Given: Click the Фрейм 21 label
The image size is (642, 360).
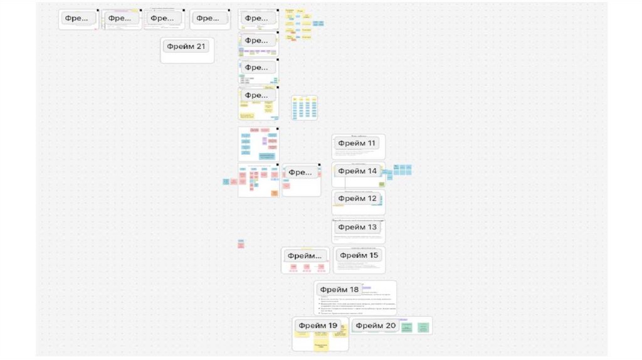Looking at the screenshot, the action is click(x=186, y=46).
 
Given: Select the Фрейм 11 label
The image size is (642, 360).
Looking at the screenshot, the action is click(x=357, y=143).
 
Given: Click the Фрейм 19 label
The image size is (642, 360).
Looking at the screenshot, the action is click(x=318, y=326).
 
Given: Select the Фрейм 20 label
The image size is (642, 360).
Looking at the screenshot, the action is click(x=374, y=326).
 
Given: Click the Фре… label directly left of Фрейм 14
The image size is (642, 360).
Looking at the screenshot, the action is click(x=300, y=172).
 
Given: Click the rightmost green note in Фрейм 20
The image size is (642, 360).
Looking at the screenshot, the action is click(x=424, y=327).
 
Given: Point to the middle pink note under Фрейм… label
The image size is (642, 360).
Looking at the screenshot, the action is click(x=307, y=267).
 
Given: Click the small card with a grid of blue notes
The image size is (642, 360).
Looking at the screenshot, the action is click(x=305, y=108).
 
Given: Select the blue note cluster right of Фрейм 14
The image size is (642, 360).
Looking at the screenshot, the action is click(x=403, y=169).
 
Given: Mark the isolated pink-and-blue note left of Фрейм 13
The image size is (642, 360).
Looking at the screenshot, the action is click(x=241, y=243).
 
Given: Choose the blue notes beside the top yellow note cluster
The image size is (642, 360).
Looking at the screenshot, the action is click(x=318, y=23).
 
